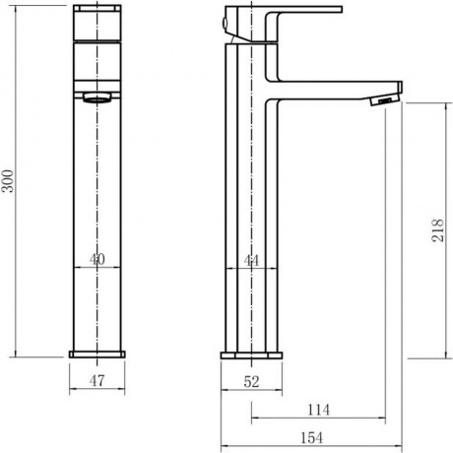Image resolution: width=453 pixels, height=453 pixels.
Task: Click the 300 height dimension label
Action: click(x=8, y=181)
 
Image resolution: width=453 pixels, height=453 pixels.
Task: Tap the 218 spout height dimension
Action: click(x=437, y=230)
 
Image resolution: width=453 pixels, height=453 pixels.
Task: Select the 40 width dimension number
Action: click(x=97, y=259)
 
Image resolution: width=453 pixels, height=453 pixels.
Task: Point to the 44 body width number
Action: click(x=251, y=261)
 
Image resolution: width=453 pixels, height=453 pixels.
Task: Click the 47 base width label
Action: click(x=97, y=381)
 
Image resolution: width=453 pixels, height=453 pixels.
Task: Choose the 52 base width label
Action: click(x=251, y=382)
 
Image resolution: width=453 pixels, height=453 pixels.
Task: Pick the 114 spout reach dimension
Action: click(x=318, y=410)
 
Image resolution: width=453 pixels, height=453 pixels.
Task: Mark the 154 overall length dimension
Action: click(x=311, y=438)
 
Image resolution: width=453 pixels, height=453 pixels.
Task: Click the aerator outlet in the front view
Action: click(x=97, y=97)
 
